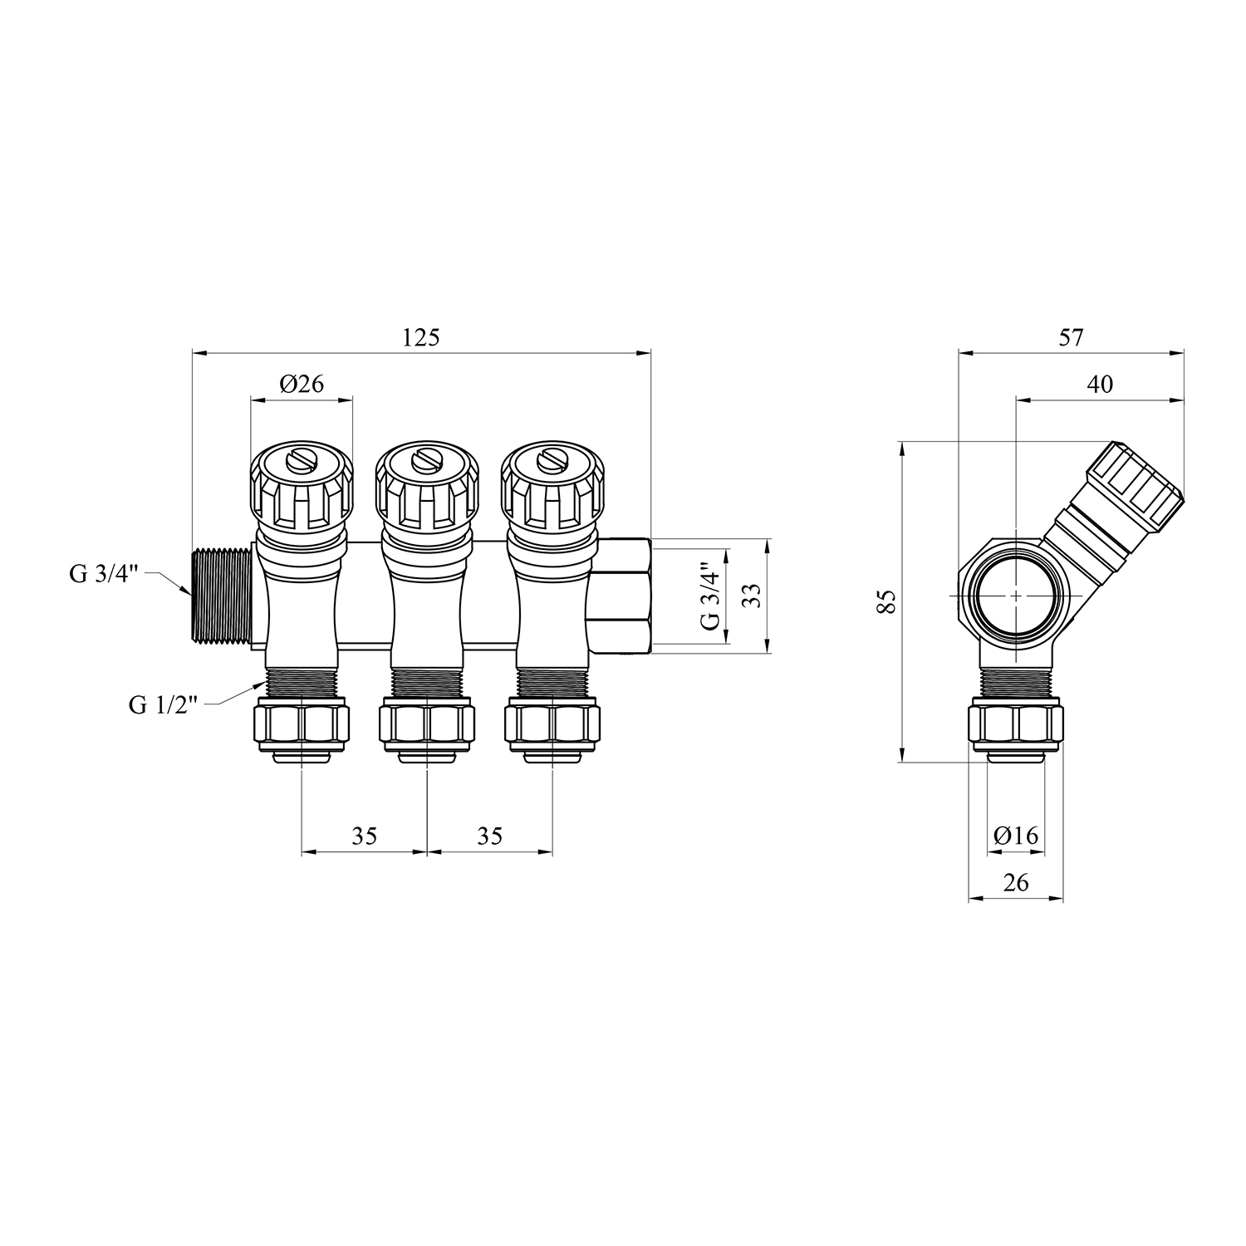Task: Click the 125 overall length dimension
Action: [x=421, y=338]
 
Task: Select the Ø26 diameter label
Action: [x=302, y=383]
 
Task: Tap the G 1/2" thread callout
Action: [x=164, y=705]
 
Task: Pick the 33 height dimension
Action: [x=751, y=596]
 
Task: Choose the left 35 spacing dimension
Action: [x=364, y=836]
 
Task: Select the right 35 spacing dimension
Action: [x=490, y=836]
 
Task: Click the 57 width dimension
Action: [x=1072, y=338]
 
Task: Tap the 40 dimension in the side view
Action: [x=1099, y=384]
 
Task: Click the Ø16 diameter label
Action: [x=1016, y=836]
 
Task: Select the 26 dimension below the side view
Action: [x=1016, y=882]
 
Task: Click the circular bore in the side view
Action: [x=1016, y=596]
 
